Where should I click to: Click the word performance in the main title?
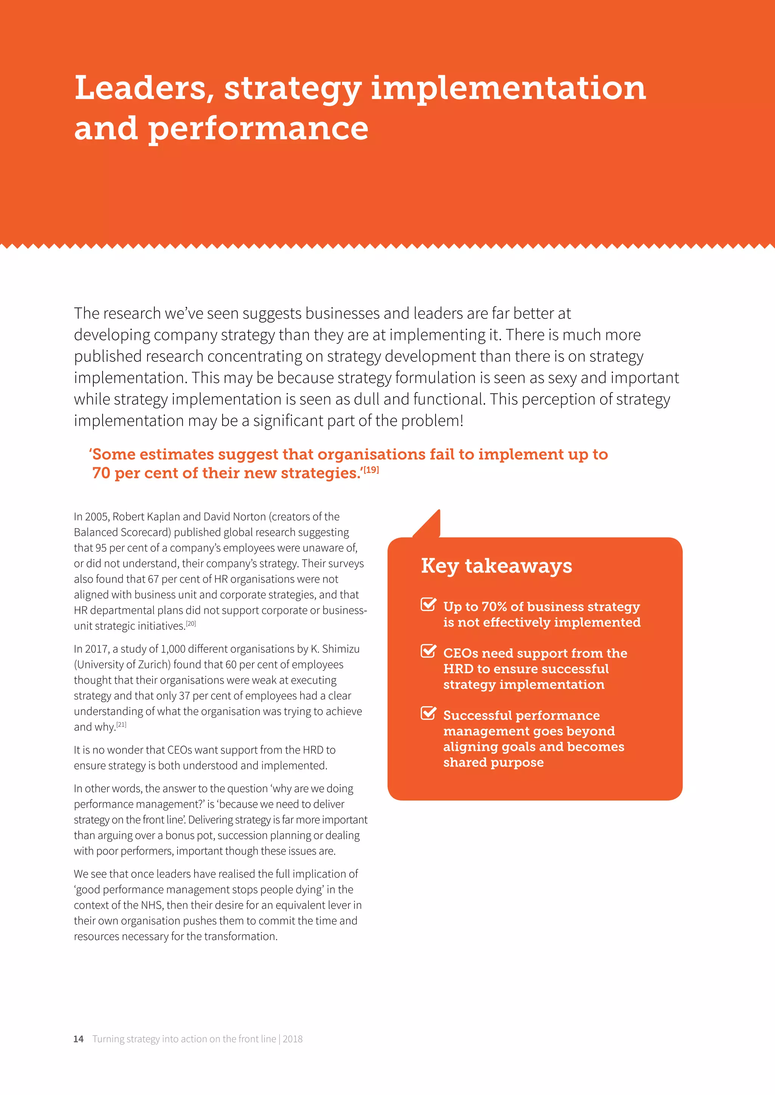[x=258, y=129]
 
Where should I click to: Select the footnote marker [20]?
[x=191, y=623]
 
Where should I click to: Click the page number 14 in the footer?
[x=78, y=1039]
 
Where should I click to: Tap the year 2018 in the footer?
[x=293, y=1039]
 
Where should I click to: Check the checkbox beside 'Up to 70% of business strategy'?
[x=428, y=604]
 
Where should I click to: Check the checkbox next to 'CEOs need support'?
[x=428, y=651]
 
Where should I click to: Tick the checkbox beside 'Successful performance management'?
[x=428, y=713]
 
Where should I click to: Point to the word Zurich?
[x=154, y=664]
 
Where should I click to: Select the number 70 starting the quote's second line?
[x=101, y=473]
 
